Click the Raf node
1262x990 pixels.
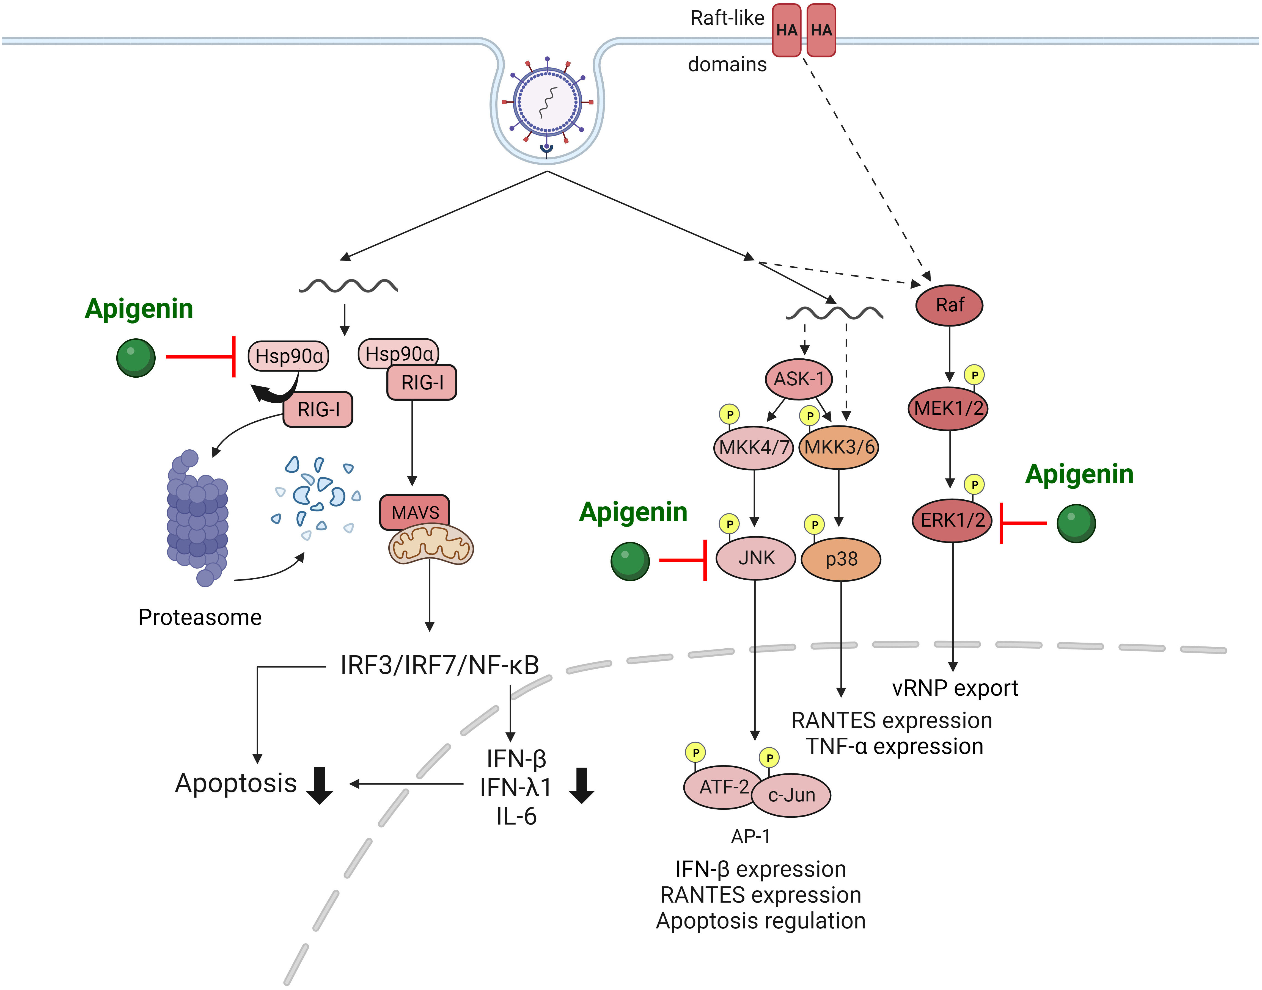point(949,305)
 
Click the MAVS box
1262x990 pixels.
point(415,512)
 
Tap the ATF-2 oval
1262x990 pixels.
point(723,787)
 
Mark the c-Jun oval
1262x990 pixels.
point(792,795)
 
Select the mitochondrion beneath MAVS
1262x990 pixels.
point(431,545)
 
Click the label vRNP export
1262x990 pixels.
point(955,688)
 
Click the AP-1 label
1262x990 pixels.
point(750,836)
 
